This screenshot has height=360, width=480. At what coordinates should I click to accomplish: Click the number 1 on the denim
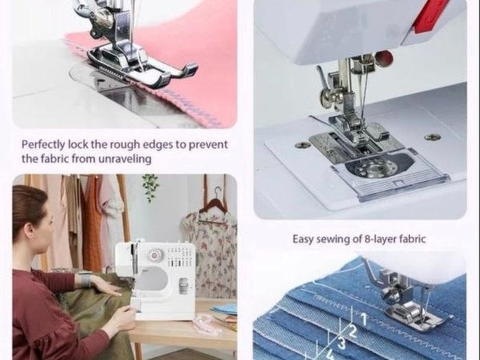point(363,319)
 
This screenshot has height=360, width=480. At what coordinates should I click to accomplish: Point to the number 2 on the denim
point(352,331)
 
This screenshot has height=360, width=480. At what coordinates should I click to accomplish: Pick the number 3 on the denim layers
point(341,343)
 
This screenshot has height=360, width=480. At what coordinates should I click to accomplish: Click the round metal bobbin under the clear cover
point(372,168)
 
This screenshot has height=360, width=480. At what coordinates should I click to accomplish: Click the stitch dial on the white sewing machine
point(153,254)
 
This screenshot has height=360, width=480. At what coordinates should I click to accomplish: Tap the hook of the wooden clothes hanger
point(217,192)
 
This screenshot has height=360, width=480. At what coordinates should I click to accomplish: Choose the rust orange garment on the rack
point(93,224)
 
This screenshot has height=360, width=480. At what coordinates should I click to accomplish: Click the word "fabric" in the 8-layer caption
point(413,239)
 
